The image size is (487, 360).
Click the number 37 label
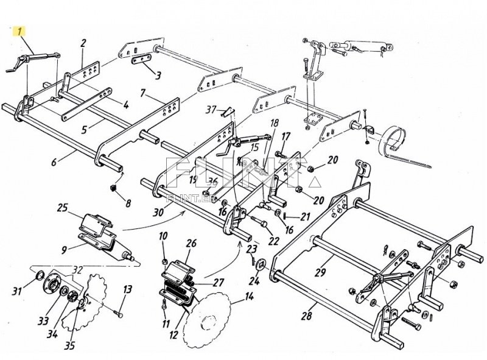pyautogui.click(x=211, y=110)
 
